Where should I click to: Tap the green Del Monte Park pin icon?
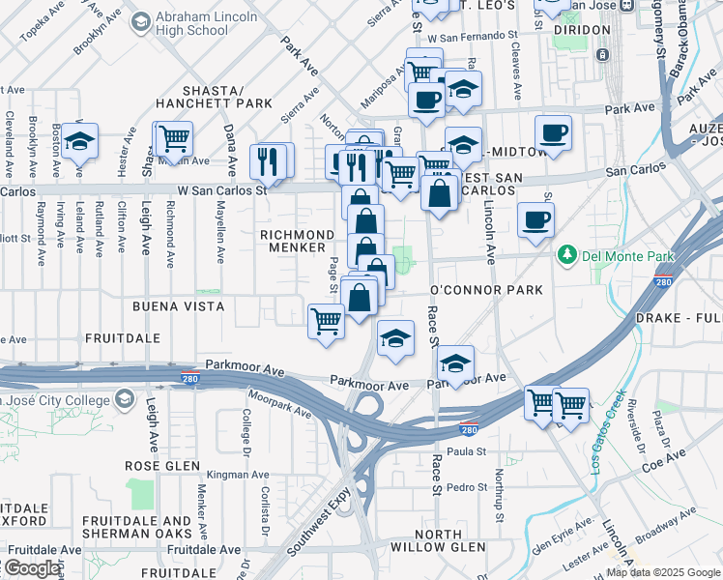click(x=566, y=255)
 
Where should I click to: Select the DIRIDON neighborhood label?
click(x=581, y=30)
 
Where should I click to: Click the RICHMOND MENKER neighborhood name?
click(x=297, y=242)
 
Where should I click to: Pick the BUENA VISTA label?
click(x=179, y=306)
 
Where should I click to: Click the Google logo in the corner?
click(x=32, y=568)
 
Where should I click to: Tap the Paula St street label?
click(x=465, y=451)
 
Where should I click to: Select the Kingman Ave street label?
click(x=238, y=476)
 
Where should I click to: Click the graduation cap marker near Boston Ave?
click(x=80, y=140)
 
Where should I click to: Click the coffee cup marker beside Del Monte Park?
click(x=535, y=219)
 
